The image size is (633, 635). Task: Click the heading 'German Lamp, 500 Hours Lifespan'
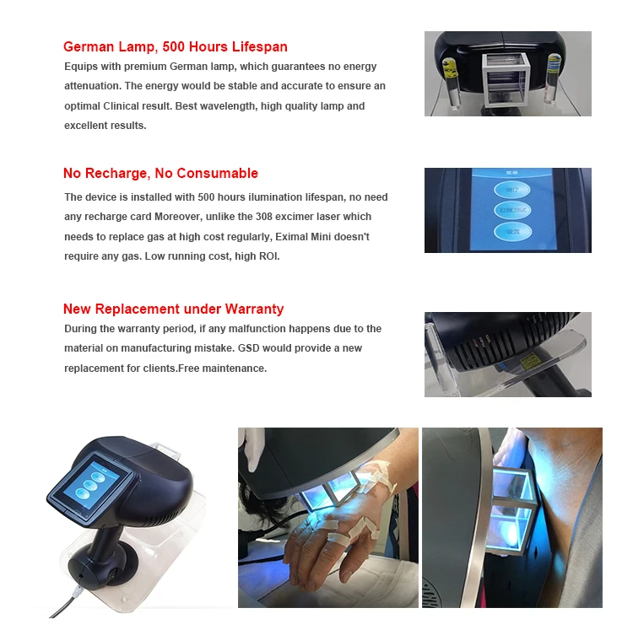pos(176,47)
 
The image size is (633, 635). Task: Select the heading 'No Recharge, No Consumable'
pos(160,174)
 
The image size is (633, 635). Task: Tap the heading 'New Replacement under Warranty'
pos(173,309)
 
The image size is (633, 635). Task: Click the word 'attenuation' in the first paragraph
pos(92,86)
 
